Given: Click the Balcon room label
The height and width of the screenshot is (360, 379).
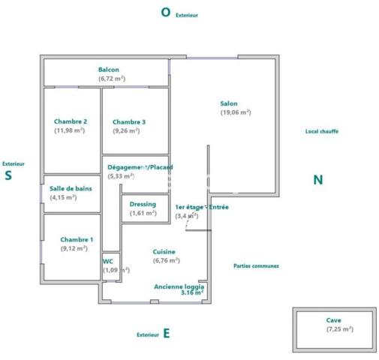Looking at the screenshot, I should coord(109,70).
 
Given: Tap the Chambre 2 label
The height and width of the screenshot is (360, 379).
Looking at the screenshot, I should coord(71,121).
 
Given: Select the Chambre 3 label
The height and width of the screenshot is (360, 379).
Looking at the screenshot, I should coord(129,122).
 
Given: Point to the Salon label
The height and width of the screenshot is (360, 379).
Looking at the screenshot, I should coord(229,103).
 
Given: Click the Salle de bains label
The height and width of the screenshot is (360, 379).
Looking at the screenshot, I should coord(71,188).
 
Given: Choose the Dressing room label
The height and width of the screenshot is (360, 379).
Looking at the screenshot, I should coord(143,204).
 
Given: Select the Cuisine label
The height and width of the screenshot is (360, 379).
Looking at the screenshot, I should coord(164,252).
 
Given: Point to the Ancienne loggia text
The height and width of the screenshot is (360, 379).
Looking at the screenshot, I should coord(179,286).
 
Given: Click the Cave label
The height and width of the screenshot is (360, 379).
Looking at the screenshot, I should coord(334,319).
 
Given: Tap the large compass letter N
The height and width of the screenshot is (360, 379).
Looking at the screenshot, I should coord(317,180).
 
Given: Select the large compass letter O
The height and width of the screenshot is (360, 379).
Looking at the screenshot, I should coord(166,12).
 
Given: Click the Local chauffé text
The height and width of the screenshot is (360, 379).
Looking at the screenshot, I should coord(322,130).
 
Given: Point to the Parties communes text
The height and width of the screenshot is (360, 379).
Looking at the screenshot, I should coord(256,265).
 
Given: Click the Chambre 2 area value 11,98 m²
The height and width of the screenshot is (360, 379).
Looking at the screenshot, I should coord(70,130).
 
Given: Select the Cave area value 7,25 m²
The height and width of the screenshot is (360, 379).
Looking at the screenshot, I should coord(340,328).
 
